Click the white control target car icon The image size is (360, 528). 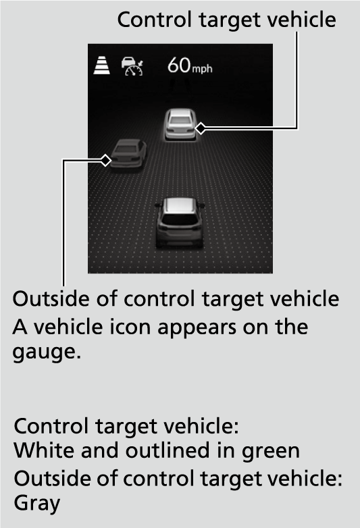coord(180,124)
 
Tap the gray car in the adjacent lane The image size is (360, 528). coord(128,154)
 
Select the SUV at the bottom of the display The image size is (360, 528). coord(180,222)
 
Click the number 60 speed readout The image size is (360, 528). coord(179,65)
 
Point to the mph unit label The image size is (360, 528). coord(202,68)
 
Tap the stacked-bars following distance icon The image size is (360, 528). coord(102,65)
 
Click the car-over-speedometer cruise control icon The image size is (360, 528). coord(132,66)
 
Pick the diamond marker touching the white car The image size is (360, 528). coord(201,128)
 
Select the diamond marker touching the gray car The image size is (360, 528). coord(105,160)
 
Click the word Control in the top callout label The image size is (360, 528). coord(155,20)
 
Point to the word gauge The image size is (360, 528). coord(47,352)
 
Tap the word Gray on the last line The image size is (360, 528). coord(37,504)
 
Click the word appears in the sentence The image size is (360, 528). coord(197,328)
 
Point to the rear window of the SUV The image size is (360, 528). coord(180,220)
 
